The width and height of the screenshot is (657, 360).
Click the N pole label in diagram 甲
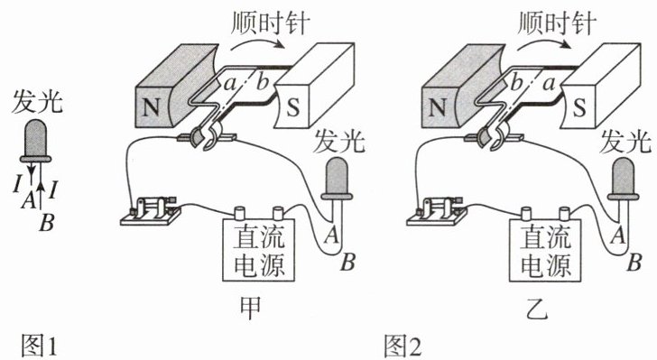click(151, 106)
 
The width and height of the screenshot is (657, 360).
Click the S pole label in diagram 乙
click(579, 107)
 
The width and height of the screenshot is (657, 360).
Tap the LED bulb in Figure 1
click(35, 141)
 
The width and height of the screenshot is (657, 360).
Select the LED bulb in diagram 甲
click(337, 178)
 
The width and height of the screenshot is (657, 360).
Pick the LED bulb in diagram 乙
click(623, 178)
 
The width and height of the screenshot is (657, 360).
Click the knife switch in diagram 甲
click(151, 211)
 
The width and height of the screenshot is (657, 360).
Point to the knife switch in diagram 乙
click(437, 211)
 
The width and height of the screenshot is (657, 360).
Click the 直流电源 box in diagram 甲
click(258, 250)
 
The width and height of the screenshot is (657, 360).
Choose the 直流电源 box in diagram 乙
click(545, 250)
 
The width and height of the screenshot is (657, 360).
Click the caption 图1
click(39, 346)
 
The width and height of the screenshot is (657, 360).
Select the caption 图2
click(403, 346)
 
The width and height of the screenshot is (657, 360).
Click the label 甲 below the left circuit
click(250, 308)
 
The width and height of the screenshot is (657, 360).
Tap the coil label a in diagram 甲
click(230, 84)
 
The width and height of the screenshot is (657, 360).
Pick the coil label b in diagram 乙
click(516, 82)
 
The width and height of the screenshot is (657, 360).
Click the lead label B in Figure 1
click(47, 222)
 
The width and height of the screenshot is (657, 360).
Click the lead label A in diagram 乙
click(618, 235)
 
